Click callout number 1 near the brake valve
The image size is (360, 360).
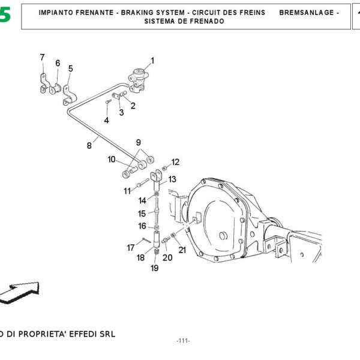coord(152,60)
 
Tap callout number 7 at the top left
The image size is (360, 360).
coord(42,58)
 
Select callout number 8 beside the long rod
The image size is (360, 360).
coord(89,145)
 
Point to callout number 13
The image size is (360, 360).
coord(172,179)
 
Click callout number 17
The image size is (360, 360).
coord(130,247)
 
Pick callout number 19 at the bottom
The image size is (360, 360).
coord(154,268)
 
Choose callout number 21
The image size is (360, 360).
coord(182,250)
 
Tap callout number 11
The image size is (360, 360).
coord(127,191)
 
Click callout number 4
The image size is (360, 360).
coord(106,120)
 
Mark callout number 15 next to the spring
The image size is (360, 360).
coord(142,214)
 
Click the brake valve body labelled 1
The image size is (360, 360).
coord(139,79)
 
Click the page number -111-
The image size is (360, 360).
coord(183,341)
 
